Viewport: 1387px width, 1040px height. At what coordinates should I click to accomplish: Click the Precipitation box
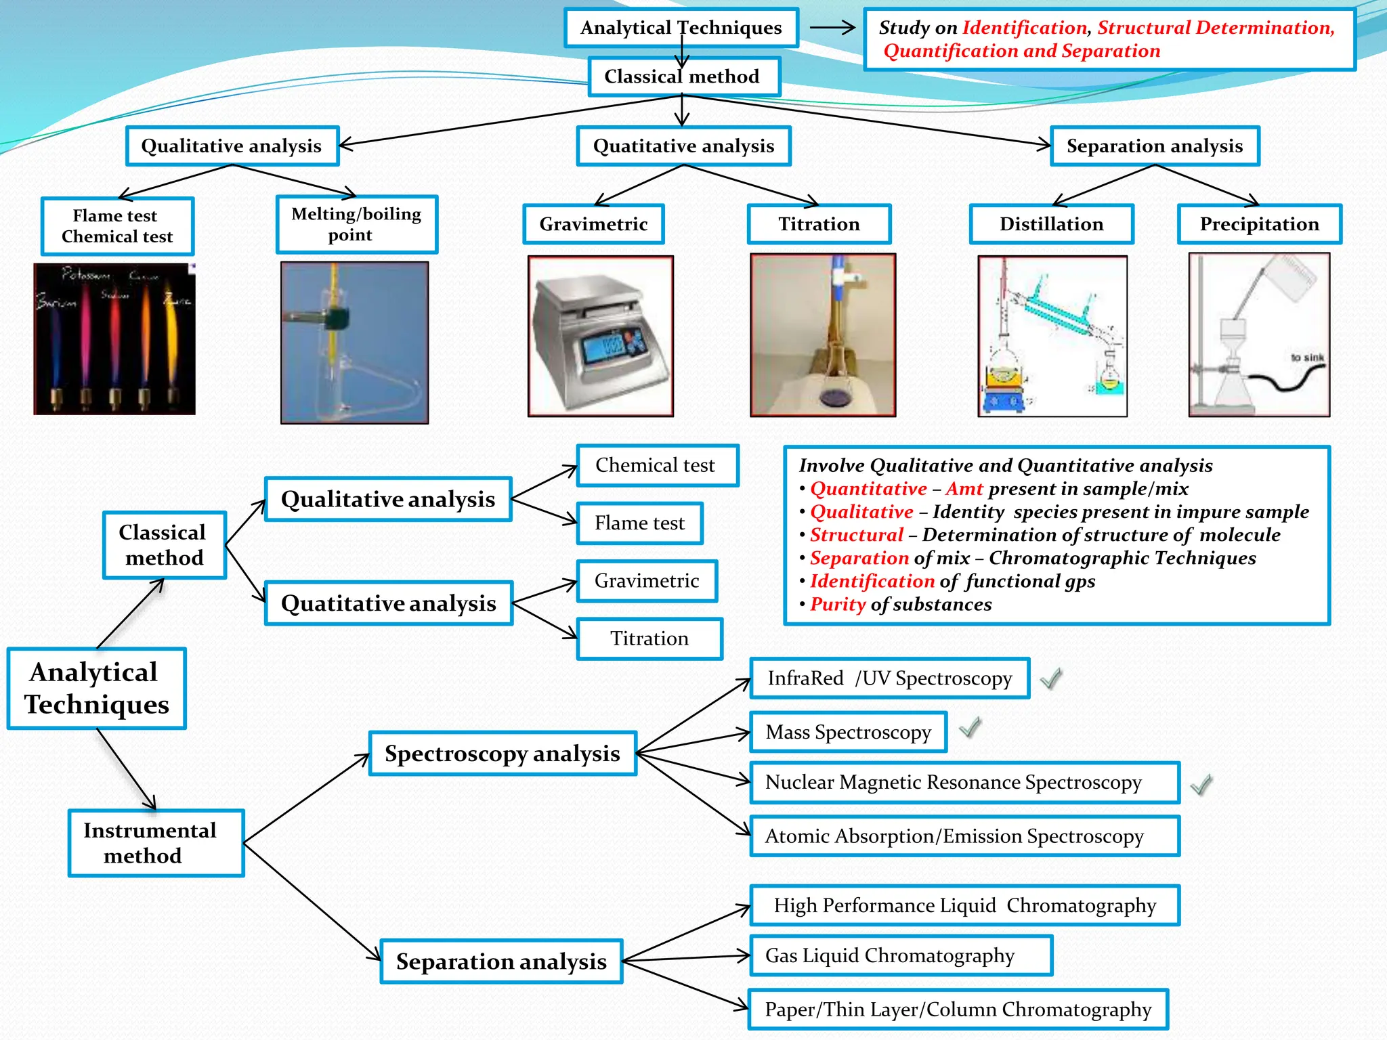tap(1259, 224)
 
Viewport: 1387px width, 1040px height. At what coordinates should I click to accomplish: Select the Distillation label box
tap(1051, 224)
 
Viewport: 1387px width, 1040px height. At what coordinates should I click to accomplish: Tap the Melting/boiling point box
tap(356, 224)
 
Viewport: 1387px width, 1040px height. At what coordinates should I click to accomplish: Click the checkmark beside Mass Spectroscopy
tap(970, 728)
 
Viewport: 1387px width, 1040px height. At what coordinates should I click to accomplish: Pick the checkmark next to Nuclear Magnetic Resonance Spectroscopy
tap(1201, 785)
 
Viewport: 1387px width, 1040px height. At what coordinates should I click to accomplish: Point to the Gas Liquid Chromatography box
tap(901, 955)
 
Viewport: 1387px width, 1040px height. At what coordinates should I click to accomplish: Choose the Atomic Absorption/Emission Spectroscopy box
tap(964, 836)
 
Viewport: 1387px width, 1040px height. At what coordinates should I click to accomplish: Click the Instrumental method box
tap(156, 843)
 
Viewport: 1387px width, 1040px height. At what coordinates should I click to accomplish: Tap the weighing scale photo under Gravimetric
tap(600, 336)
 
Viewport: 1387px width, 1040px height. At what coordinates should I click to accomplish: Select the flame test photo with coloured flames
tap(114, 339)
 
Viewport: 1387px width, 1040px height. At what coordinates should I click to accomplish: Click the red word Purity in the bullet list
tap(838, 604)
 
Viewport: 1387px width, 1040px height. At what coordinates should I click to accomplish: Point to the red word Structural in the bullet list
tap(856, 535)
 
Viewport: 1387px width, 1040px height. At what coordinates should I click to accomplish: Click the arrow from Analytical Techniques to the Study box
tap(833, 28)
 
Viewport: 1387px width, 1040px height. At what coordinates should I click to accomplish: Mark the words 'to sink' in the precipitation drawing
tap(1306, 357)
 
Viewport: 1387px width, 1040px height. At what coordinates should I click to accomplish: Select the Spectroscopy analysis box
tap(503, 754)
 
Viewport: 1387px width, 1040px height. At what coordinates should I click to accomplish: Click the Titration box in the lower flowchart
tap(649, 638)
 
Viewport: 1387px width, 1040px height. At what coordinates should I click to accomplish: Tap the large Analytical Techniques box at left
tap(96, 689)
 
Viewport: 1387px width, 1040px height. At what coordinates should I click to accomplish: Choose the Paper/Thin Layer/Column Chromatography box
tap(958, 1010)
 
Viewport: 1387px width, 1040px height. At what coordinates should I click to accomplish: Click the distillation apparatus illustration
tap(1052, 336)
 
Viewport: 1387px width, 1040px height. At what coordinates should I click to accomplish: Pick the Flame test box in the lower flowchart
tap(639, 523)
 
